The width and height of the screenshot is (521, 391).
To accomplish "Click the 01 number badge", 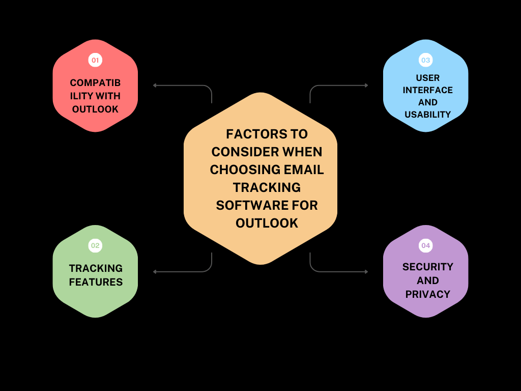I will (95, 60).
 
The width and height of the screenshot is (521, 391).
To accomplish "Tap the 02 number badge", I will (95, 246).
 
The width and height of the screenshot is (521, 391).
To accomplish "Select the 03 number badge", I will (425, 60).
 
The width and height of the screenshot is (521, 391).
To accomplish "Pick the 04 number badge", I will (425, 246).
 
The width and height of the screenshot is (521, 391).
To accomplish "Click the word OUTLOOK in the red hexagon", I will (95, 109).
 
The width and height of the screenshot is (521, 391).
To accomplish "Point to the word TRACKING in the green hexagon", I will (96, 268).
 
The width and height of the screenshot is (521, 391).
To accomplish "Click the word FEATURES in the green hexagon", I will (96, 282).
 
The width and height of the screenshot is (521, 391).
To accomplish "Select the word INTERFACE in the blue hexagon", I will (427, 90).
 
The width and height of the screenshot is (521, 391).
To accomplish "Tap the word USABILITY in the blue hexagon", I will (427, 115).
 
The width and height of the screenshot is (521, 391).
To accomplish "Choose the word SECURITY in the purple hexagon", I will (427, 267).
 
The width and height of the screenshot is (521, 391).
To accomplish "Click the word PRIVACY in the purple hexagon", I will (427, 294).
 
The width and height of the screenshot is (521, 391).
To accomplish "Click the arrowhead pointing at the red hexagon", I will (155, 86).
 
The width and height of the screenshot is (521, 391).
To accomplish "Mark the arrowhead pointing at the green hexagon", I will (155, 272).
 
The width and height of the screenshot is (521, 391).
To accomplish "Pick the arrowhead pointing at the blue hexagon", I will (366, 86).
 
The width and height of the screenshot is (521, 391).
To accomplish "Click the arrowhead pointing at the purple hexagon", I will (366, 272).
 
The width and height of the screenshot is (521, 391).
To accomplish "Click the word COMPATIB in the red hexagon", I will (95, 82).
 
